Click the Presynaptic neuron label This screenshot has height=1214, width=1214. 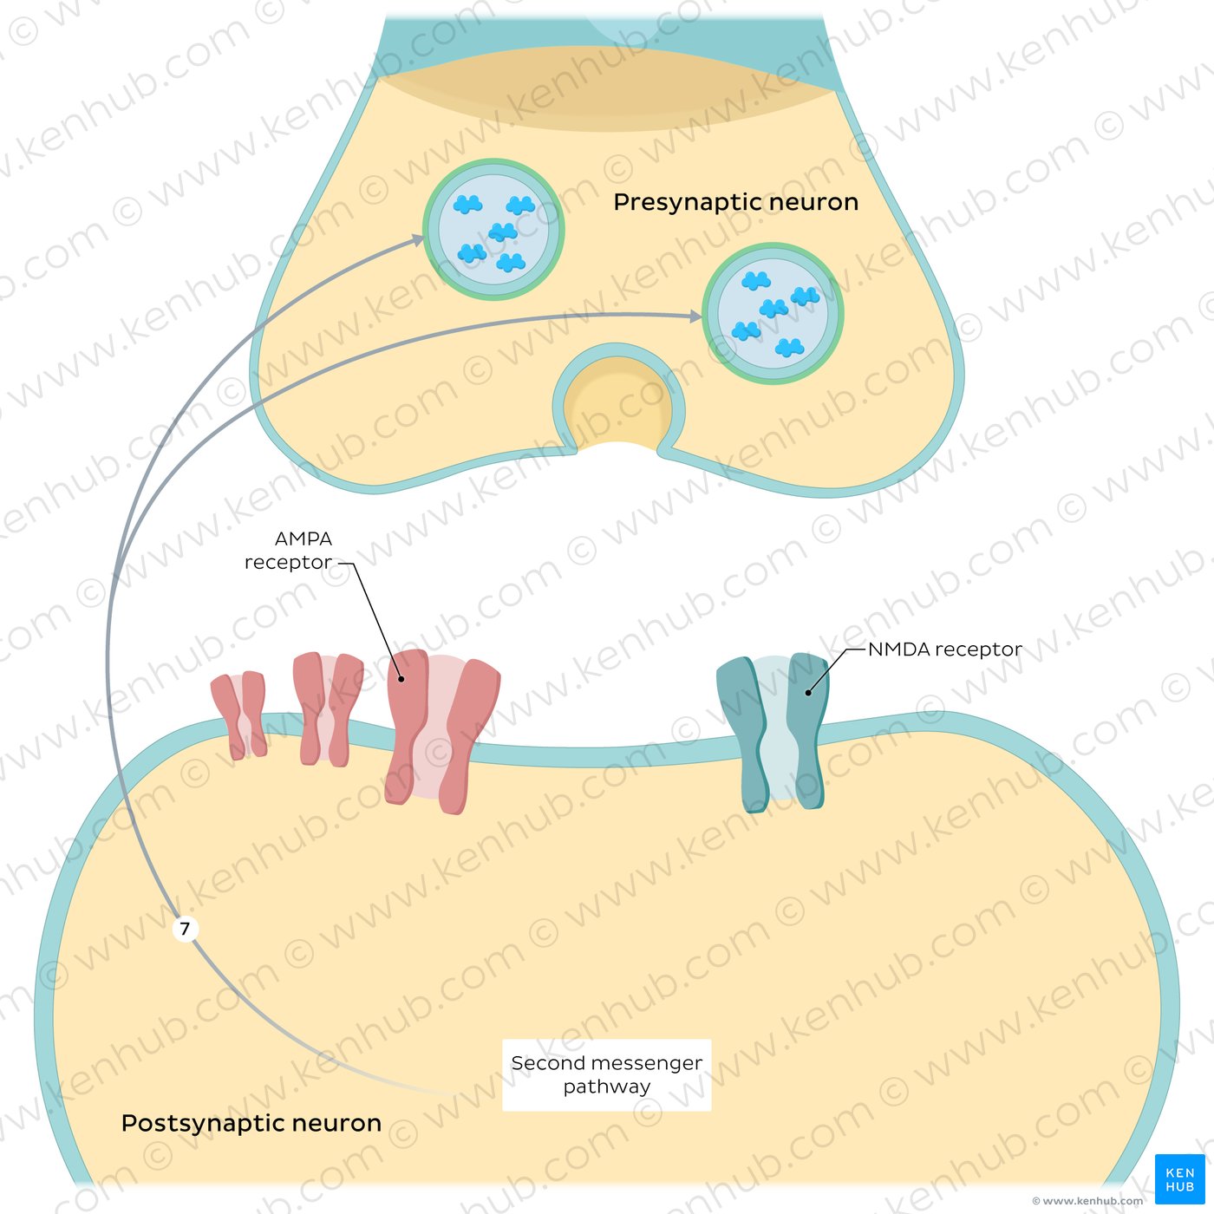tap(735, 202)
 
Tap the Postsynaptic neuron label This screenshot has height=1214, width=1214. tap(251, 1123)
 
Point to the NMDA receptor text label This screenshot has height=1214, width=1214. tap(944, 649)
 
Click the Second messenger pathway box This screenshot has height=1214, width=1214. tap(606, 1075)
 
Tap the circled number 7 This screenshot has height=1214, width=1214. tap(185, 929)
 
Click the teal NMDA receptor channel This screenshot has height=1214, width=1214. tap(773, 733)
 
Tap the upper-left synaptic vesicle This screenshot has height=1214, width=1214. tap(493, 230)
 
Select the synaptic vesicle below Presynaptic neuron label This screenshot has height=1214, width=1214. tap(773, 314)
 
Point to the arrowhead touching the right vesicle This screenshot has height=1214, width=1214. tap(695, 317)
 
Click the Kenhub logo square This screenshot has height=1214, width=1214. tap(1179, 1178)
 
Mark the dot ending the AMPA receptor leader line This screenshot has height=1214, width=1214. tap(401, 679)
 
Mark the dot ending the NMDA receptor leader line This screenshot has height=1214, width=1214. tap(808, 692)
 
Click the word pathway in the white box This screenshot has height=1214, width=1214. tap(606, 1087)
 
